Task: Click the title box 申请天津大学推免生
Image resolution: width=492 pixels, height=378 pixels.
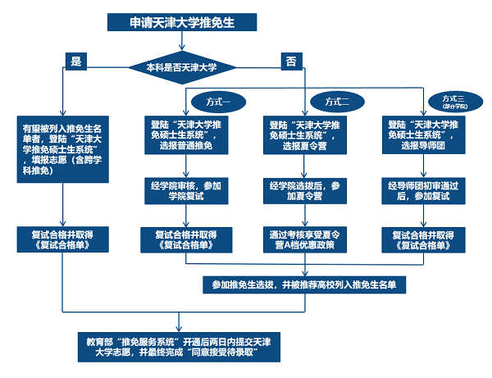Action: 182,22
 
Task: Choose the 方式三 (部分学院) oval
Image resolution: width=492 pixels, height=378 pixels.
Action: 453,102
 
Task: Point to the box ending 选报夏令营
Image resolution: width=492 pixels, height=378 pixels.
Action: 303,134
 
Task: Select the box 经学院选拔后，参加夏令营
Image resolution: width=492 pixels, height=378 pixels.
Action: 303,191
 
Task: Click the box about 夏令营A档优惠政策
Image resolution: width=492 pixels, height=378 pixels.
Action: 303,239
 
